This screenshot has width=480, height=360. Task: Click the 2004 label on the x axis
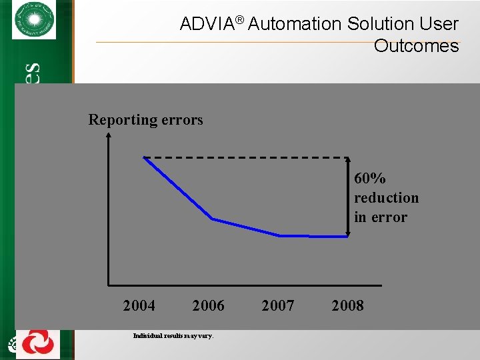point(139,306)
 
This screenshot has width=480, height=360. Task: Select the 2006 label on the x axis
point(208,306)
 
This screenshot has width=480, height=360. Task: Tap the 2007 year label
point(278,306)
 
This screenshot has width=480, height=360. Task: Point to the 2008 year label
point(347,306)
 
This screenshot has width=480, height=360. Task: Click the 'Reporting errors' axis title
point(145,120)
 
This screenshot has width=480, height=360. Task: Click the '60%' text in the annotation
point(370,179)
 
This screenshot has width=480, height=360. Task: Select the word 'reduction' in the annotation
point(386,198)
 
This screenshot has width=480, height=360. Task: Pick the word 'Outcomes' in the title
point(416,46)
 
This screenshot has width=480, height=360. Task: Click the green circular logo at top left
point(34,21)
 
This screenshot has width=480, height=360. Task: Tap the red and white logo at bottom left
point(37,344)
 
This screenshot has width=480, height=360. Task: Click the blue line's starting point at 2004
point(144,157)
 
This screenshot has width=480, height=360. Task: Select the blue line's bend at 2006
point(213,219)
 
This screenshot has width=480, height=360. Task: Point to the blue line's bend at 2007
point(281,235)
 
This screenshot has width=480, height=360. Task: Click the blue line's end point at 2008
point(347,235)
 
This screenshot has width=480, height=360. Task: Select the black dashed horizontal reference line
point(247,157)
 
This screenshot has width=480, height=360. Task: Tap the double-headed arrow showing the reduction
point(348,197)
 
